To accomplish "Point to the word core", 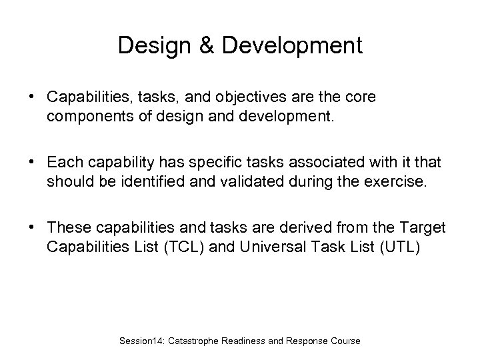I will pyautogui.click(x=361, y=97).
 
